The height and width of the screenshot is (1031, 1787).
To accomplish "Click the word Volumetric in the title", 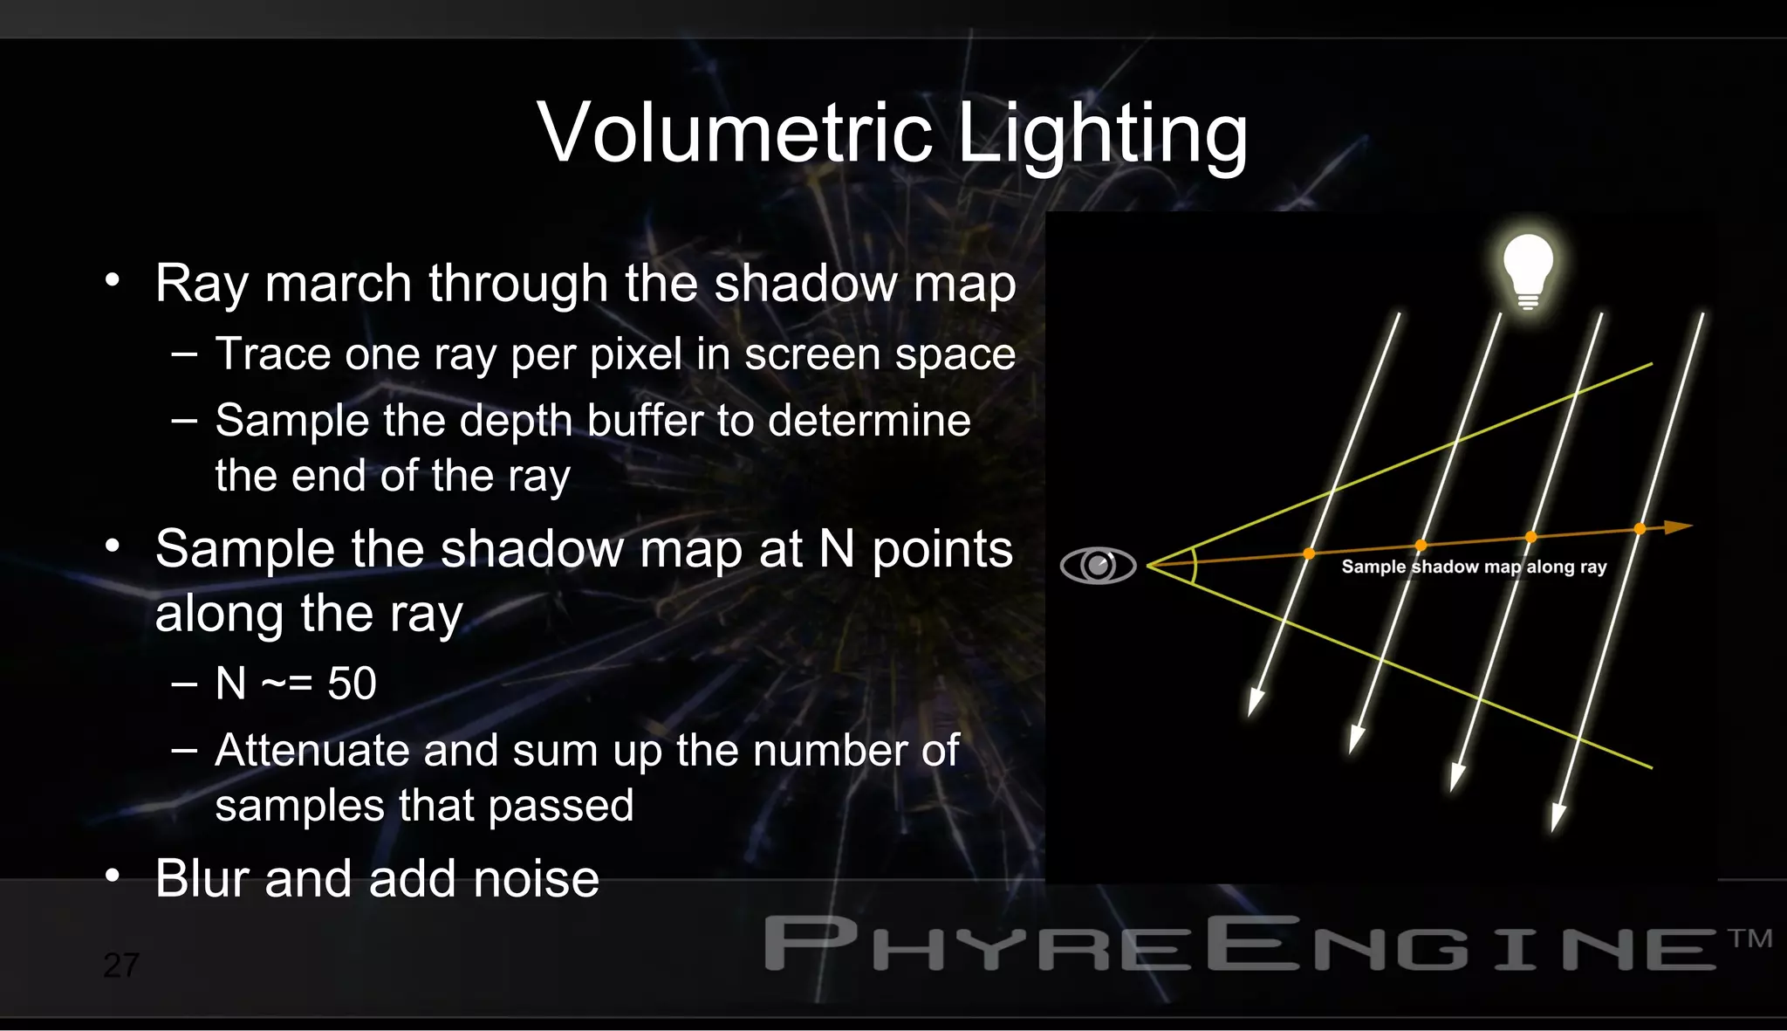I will (735, 133).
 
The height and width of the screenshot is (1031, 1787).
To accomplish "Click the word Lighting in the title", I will (1103, 134).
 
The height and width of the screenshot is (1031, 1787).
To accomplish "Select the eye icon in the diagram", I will (1098, 566).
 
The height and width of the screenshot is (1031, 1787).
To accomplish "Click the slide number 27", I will (120, 965).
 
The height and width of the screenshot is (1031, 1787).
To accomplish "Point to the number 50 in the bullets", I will (352, 683).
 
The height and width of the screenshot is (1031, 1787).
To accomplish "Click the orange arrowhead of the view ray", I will (1677, 527).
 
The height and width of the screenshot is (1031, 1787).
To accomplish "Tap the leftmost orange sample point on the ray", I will (1309, 553).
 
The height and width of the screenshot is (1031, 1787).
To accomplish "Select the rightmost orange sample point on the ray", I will (1640, 529).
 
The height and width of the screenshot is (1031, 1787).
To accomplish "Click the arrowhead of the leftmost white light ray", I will (1256, 701).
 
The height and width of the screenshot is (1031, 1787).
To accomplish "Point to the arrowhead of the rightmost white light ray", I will (1558, 817).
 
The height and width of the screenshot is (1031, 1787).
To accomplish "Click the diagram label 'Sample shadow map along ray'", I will (1474, 567).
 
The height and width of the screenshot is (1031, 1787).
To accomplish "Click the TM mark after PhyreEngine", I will (1749, 938).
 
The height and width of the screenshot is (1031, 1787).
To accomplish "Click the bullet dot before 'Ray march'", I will (112, 281).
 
